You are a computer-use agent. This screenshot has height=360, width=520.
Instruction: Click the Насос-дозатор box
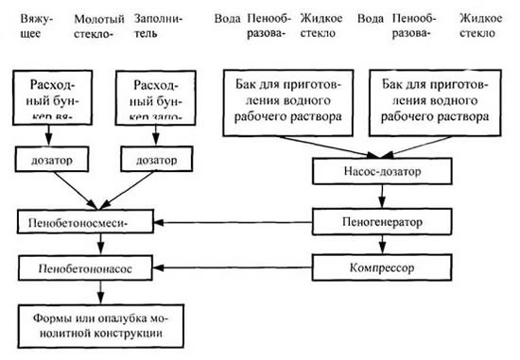(x=380, y=174)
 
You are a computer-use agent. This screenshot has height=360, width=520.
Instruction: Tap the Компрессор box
(x=380, y=269)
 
